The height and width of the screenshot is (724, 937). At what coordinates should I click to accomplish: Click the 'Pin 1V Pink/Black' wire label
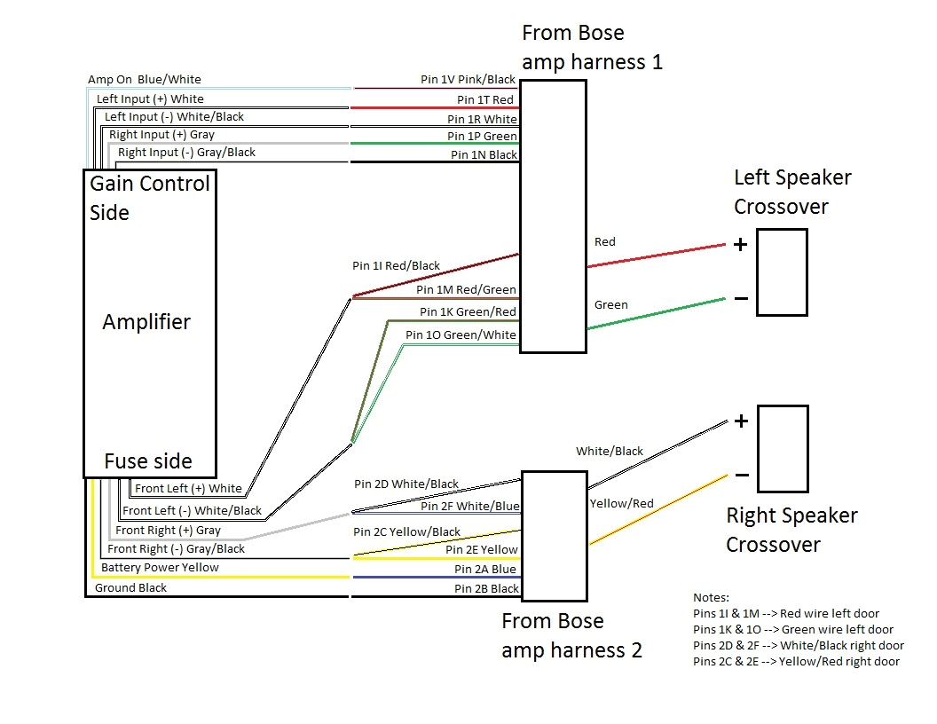click(x=468, y=80)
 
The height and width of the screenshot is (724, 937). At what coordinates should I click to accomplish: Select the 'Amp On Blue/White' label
click(x=144, y=80)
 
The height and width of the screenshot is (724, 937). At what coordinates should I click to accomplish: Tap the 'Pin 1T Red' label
click(x=484, y=100)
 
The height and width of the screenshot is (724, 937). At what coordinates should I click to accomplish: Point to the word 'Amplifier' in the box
click(x=146, y=321)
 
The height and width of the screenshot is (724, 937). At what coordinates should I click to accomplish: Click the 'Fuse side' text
click(x=147, y=461)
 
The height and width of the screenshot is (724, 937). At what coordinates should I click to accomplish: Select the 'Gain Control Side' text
click(x=149, y=198)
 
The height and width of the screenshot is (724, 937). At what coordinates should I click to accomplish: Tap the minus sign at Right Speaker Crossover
click(x=741, y=476)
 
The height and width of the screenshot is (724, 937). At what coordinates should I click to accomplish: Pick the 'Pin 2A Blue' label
click(x=485, y=569)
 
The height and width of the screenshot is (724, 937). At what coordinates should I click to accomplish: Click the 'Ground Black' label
click(x=130, y=587)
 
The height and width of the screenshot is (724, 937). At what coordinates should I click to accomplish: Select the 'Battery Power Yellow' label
click(x=160, y=567)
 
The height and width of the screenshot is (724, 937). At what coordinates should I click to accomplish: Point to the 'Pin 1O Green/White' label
click(x=460, y=334)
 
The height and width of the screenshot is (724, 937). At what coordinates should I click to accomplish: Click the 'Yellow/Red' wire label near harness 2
click(x=621, y=503)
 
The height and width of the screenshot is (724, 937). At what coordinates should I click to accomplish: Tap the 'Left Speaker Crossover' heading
click(x=792, y=192)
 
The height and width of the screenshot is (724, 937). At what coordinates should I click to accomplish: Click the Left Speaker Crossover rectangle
click(x=783, y=272)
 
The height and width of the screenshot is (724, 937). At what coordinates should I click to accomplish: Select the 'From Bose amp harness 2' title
click(x=571, y=635)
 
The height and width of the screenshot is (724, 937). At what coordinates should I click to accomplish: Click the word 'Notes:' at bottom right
click(x=711, y=597)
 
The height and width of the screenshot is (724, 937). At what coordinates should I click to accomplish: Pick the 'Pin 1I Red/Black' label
click(x=396, y=265)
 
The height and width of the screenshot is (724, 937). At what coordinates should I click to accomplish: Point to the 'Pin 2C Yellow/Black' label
click(x=406, y=531)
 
